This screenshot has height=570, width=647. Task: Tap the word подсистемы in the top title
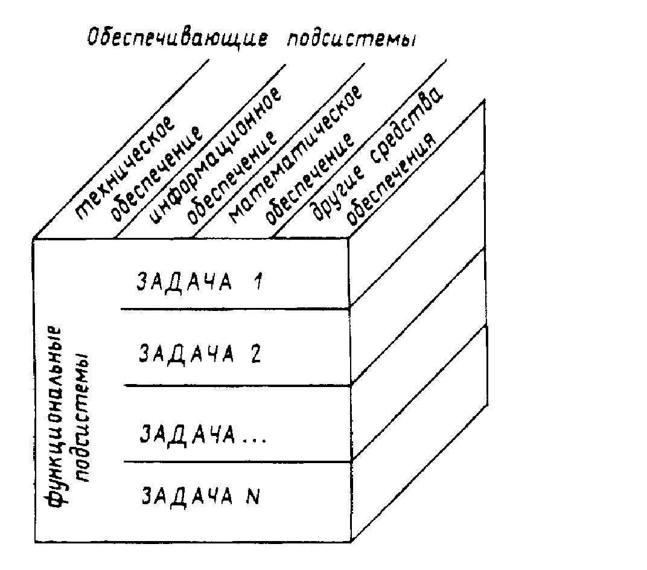point(351,37)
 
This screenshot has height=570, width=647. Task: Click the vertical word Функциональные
point(55,417)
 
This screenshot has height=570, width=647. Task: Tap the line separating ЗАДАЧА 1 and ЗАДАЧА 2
point(235,309)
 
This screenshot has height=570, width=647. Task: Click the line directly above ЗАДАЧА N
point(235,462)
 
